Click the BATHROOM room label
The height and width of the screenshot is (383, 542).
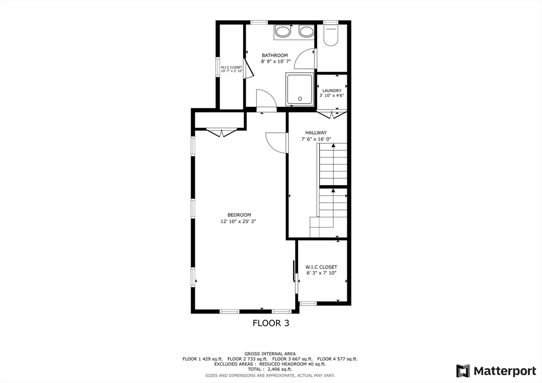click(x=275, y=56)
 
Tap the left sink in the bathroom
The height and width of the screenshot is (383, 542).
click(x=283, y=32)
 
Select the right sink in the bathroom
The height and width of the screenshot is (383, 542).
click(x=306, y=32)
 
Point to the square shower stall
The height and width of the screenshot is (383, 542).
click(x=300, y=89)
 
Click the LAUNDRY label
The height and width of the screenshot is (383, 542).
click(x=332, y=90)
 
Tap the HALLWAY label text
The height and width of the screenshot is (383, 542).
click(x=316, y=133)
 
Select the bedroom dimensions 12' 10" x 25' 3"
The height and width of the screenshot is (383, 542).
click(x=239, y=222)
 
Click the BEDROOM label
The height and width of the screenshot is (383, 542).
click(x=239, y=215)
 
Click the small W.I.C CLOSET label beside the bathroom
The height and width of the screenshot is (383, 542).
click(x=231, y=68)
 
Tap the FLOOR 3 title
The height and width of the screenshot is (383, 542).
click(x=271, y=323)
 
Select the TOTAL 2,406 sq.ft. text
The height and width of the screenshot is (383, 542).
click(x=270, y=369)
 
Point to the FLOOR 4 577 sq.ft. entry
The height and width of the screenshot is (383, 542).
click(x=338, y=359)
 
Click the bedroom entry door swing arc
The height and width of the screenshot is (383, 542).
click(x=275, y=142)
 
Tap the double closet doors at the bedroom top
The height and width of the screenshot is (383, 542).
click(x=220, y=132)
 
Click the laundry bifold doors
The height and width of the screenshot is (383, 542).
click(x=332, y=114)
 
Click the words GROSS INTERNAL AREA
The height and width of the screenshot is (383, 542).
click(x=270, y=353)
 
